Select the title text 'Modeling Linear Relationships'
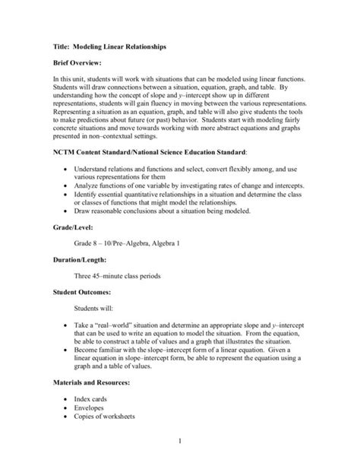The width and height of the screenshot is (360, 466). pos(121,46)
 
